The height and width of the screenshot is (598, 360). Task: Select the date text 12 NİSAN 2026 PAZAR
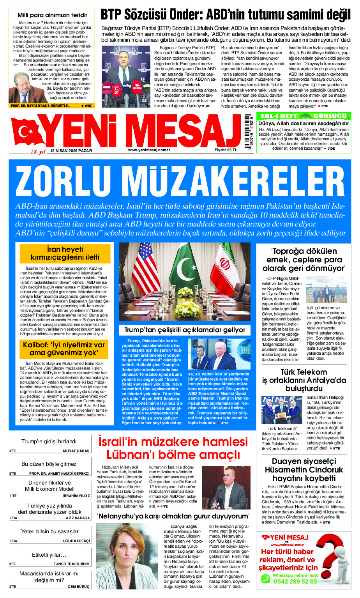[x=71, y=150]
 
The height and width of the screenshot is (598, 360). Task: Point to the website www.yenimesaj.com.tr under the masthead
[x=149, y=150]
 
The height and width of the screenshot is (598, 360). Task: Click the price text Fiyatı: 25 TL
[x=226, y=150]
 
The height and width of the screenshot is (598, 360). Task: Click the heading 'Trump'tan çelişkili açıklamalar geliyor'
[x=185, y=330]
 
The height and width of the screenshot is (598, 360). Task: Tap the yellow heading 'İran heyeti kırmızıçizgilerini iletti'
[x=65, y=253]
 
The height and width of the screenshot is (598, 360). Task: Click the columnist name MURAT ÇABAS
[x=76, y=451]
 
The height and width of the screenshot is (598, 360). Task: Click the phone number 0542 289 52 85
[x=295, y=581]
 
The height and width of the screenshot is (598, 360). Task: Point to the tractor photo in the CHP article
[x=326, y=290]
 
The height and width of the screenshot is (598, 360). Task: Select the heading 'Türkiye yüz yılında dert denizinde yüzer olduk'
[x=50, y=509]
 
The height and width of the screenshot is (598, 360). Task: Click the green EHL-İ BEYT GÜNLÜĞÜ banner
[x=304, y=116]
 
